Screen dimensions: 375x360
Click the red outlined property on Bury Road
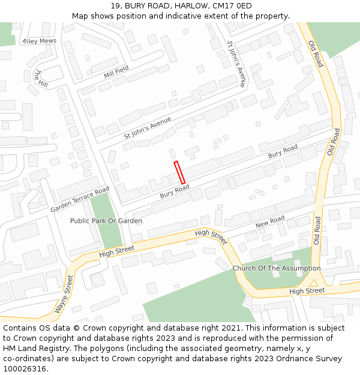[179, 172]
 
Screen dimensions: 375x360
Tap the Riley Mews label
[39, 41]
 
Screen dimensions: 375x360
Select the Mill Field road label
[116, 72]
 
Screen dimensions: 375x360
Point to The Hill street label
[41, 79]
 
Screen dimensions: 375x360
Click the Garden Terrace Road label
[80, 199]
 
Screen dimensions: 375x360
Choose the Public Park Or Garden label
[106, 221]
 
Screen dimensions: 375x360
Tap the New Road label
[269, 222]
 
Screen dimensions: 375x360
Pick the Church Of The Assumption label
[276, 268]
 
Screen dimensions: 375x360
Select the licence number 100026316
[25, 369]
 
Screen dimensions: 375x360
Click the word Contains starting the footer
[20, 328]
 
